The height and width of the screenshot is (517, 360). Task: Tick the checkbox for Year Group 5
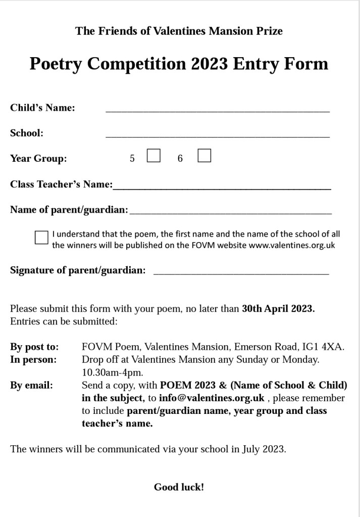[153, 156]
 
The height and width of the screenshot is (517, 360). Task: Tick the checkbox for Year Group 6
[204, 156]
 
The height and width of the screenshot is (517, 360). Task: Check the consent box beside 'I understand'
[41, 238]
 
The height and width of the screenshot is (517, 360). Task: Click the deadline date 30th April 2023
[278, 309]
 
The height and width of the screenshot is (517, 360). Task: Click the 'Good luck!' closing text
[179, 487]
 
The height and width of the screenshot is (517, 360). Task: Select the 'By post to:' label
[34, 347]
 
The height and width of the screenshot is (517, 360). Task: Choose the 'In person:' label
[33, 360]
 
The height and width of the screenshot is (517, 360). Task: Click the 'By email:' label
[31, 385]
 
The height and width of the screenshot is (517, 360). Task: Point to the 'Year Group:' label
[38, 159]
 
